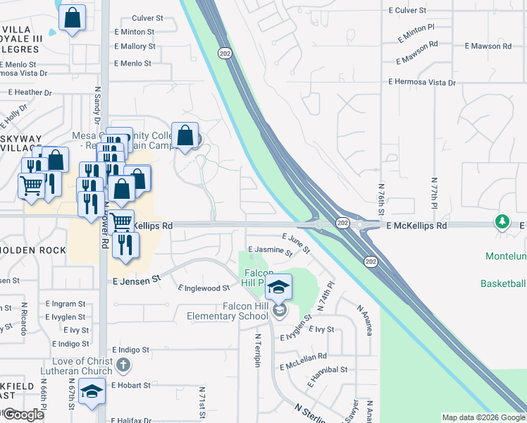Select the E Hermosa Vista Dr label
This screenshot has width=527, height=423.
(x=422, y=82)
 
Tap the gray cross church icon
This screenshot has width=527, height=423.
(x=123, y=365)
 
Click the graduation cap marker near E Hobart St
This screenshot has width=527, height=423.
(x=92, y=392)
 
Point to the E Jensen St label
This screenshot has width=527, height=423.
(x=137, y=280)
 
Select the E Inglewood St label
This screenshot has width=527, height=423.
(x=204, y=288)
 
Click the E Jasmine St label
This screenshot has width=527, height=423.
(x=266, y=250)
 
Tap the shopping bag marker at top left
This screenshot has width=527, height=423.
(x=72, y=18)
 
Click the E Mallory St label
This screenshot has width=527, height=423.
(x=135, y=46)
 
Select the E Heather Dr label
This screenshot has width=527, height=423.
(x=30, y=92)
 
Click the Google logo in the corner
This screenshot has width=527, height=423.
(x=23, y=415)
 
